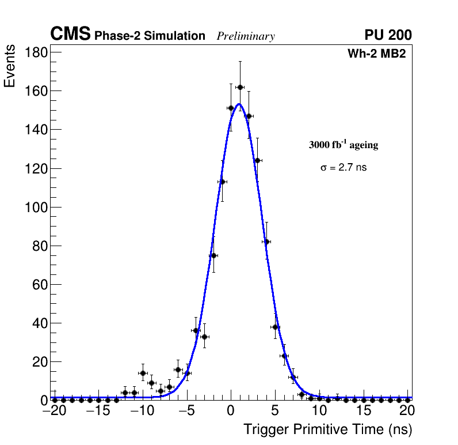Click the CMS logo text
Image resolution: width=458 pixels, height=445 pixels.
[70, 35]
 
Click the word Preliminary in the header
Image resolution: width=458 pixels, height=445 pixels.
[246, 36]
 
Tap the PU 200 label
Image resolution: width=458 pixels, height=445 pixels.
[388, 35]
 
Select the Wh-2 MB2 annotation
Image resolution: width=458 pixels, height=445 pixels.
[376, 54]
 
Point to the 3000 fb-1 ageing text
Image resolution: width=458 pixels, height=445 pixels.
[343, 145]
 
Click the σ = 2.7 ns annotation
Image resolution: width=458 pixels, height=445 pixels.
[343, 168]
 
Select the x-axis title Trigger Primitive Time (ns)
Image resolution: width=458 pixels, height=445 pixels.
[327, 429]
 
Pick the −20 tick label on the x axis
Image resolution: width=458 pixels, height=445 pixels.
[55, 410]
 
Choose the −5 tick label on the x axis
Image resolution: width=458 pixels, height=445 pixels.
[187, 410]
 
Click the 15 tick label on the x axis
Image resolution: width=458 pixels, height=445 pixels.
[363, 410]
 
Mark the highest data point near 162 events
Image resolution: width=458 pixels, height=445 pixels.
[240, 87]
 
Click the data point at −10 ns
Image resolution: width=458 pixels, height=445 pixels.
[143, 373]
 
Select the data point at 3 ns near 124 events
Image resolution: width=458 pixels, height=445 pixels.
[257, 160]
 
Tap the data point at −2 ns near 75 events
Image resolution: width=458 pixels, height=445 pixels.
[213, 255]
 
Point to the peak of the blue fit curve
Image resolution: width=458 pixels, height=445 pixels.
[239, 104]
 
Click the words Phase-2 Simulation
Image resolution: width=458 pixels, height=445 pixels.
[150, 36]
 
